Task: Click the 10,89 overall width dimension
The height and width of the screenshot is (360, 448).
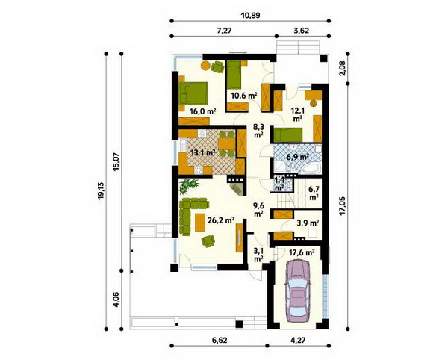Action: coord(251,16)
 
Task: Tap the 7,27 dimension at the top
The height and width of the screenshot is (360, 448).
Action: coord(224,31)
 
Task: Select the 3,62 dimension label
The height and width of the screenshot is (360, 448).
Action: coord(302,31)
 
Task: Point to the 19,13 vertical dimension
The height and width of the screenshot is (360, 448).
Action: coord(100,191)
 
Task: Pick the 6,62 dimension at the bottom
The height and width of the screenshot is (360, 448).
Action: coord(219,340)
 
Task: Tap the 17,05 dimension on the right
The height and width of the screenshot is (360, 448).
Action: coord(343,205)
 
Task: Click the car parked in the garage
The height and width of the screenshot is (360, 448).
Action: coord(298,291)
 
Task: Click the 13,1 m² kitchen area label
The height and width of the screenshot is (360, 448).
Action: coord(203,153)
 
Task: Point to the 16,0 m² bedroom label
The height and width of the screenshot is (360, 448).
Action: coord(202,111)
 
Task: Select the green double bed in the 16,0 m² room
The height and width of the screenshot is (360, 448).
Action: coord(193,93)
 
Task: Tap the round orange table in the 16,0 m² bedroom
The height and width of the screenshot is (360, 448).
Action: coord(205,66)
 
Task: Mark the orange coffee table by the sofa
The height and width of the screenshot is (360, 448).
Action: coord(200,223)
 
